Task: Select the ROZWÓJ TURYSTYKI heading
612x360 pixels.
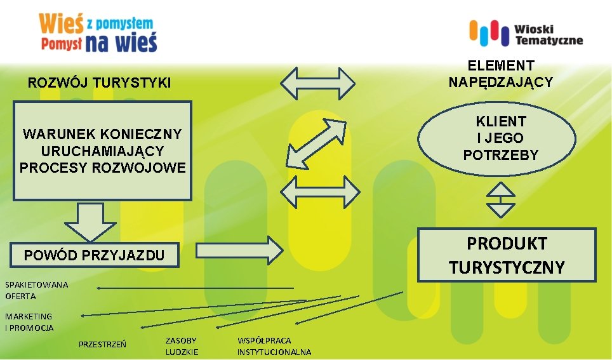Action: (100, 83)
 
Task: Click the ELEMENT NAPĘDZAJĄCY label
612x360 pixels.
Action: (500, 74)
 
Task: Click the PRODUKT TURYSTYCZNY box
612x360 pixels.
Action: (506, 255)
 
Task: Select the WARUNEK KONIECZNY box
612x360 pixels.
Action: (103, 150)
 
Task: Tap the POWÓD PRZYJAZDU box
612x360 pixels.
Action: (93, 255)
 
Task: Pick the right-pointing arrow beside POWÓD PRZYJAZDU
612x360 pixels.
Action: (239, 250)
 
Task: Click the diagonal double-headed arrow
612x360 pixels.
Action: (316, 143)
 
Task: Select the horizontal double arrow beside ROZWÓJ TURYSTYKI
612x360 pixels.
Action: (318, 83)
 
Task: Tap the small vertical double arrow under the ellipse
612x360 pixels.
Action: (500, 200)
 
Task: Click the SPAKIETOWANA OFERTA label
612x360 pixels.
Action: (36, 290)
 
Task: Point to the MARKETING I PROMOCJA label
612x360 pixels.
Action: (29, 322)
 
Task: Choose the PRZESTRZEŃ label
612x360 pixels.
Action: (102, 345)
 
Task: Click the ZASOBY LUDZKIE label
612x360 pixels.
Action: (182, 346)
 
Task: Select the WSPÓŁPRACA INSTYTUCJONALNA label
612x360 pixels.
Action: (274, 346)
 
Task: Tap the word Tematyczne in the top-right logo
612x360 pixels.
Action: (549, 41)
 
